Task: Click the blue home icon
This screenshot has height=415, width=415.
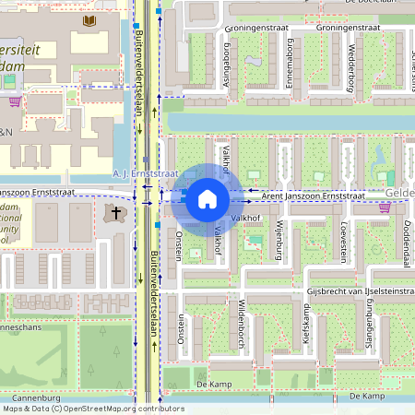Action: tap(207, 197)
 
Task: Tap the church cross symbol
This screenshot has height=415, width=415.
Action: tap(117, 213)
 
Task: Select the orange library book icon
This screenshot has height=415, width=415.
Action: tap(89, 20)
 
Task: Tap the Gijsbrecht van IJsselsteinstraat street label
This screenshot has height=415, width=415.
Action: tap(361, 291)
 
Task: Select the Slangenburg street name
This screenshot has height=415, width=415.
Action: tap(368, 331)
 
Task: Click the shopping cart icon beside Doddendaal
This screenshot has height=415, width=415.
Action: tap(384, 207)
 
